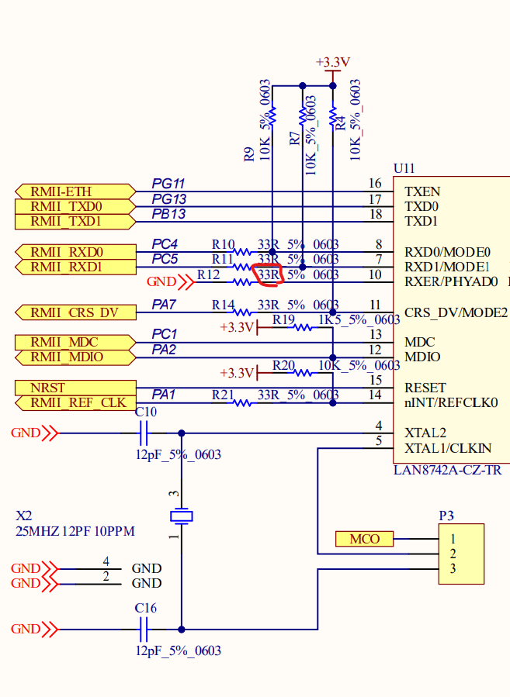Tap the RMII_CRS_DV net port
tap(75, 312)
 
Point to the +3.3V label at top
tap(333, 62)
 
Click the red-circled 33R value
tap(269, 274)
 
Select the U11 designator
tap(404, 168)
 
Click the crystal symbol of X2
tap(182, 516)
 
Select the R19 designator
tap(283, 319)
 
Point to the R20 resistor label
tap(283, 365)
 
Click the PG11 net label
tap(168, 184)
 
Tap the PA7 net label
tap(165, 305)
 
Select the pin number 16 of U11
tap(375, 184)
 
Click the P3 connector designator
tap(446, 515)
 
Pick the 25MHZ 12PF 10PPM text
tap(75, 531)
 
